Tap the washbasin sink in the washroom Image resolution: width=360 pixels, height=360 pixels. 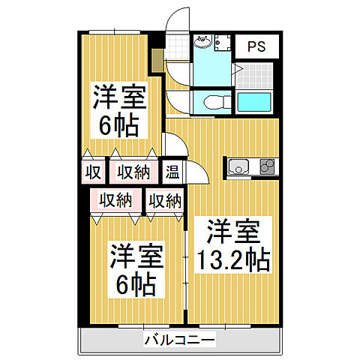click(x=202, y=42)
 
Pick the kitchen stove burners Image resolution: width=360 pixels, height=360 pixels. click(x=268, y=166)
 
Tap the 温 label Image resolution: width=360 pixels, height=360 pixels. click(x=172, y=172)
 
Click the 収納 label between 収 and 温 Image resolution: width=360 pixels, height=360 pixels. click(x=132, y=172)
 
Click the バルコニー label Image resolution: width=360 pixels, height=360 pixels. click(x=180, y=341)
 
